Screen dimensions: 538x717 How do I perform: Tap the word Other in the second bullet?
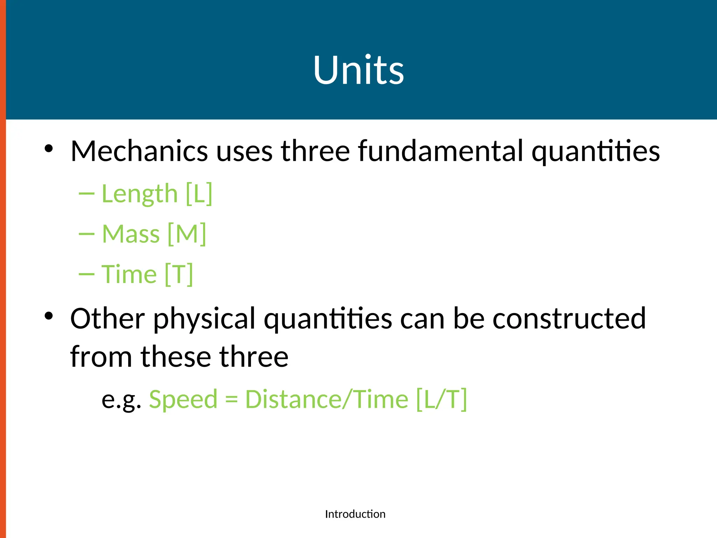click(107, 318)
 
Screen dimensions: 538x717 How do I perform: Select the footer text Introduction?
click(355, 514)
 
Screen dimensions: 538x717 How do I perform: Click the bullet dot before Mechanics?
click(49, 149)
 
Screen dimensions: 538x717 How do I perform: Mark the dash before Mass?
click(86, 234)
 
